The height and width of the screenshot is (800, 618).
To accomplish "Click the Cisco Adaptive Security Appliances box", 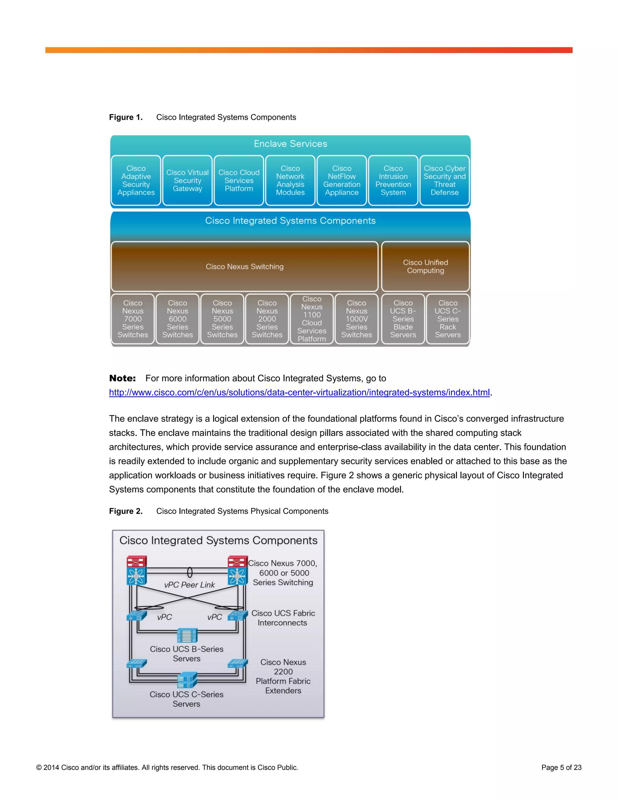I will pos(136,180).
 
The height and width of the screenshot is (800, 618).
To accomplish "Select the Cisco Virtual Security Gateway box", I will pos(187,180).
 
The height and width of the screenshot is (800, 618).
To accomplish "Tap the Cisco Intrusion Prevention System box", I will pos(393,180).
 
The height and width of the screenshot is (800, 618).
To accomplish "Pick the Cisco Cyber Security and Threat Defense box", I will pos(444,180).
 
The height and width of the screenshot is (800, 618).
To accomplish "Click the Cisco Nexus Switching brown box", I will pos(244,266).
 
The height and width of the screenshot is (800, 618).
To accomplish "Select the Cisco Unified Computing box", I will pos(425,266).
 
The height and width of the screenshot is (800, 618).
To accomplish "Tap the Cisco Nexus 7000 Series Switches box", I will pos(132,319).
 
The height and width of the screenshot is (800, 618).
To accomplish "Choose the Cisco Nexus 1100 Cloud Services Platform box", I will pos(311,319).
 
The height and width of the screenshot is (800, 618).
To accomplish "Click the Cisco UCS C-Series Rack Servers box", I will pos(448,319).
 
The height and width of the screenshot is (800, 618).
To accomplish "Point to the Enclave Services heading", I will pos(290,144).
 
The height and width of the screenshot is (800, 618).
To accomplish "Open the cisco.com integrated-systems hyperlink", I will pos(299,392).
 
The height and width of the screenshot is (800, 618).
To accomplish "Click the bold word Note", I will pos(122,378).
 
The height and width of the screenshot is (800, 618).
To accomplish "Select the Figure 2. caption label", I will pos(126,511).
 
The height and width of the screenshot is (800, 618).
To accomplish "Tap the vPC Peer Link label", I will pos(189,585).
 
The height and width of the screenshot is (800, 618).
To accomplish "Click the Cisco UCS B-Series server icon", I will pos(187,635).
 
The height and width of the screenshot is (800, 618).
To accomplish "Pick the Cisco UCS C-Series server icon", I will pos(187,680).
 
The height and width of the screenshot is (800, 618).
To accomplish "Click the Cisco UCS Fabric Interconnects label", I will pos(283,618).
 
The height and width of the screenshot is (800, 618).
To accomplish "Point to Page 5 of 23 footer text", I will pos(561,767).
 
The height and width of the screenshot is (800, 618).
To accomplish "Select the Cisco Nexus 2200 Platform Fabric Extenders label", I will pos(283,676).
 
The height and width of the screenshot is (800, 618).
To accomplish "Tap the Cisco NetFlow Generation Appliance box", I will pos(342,180).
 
